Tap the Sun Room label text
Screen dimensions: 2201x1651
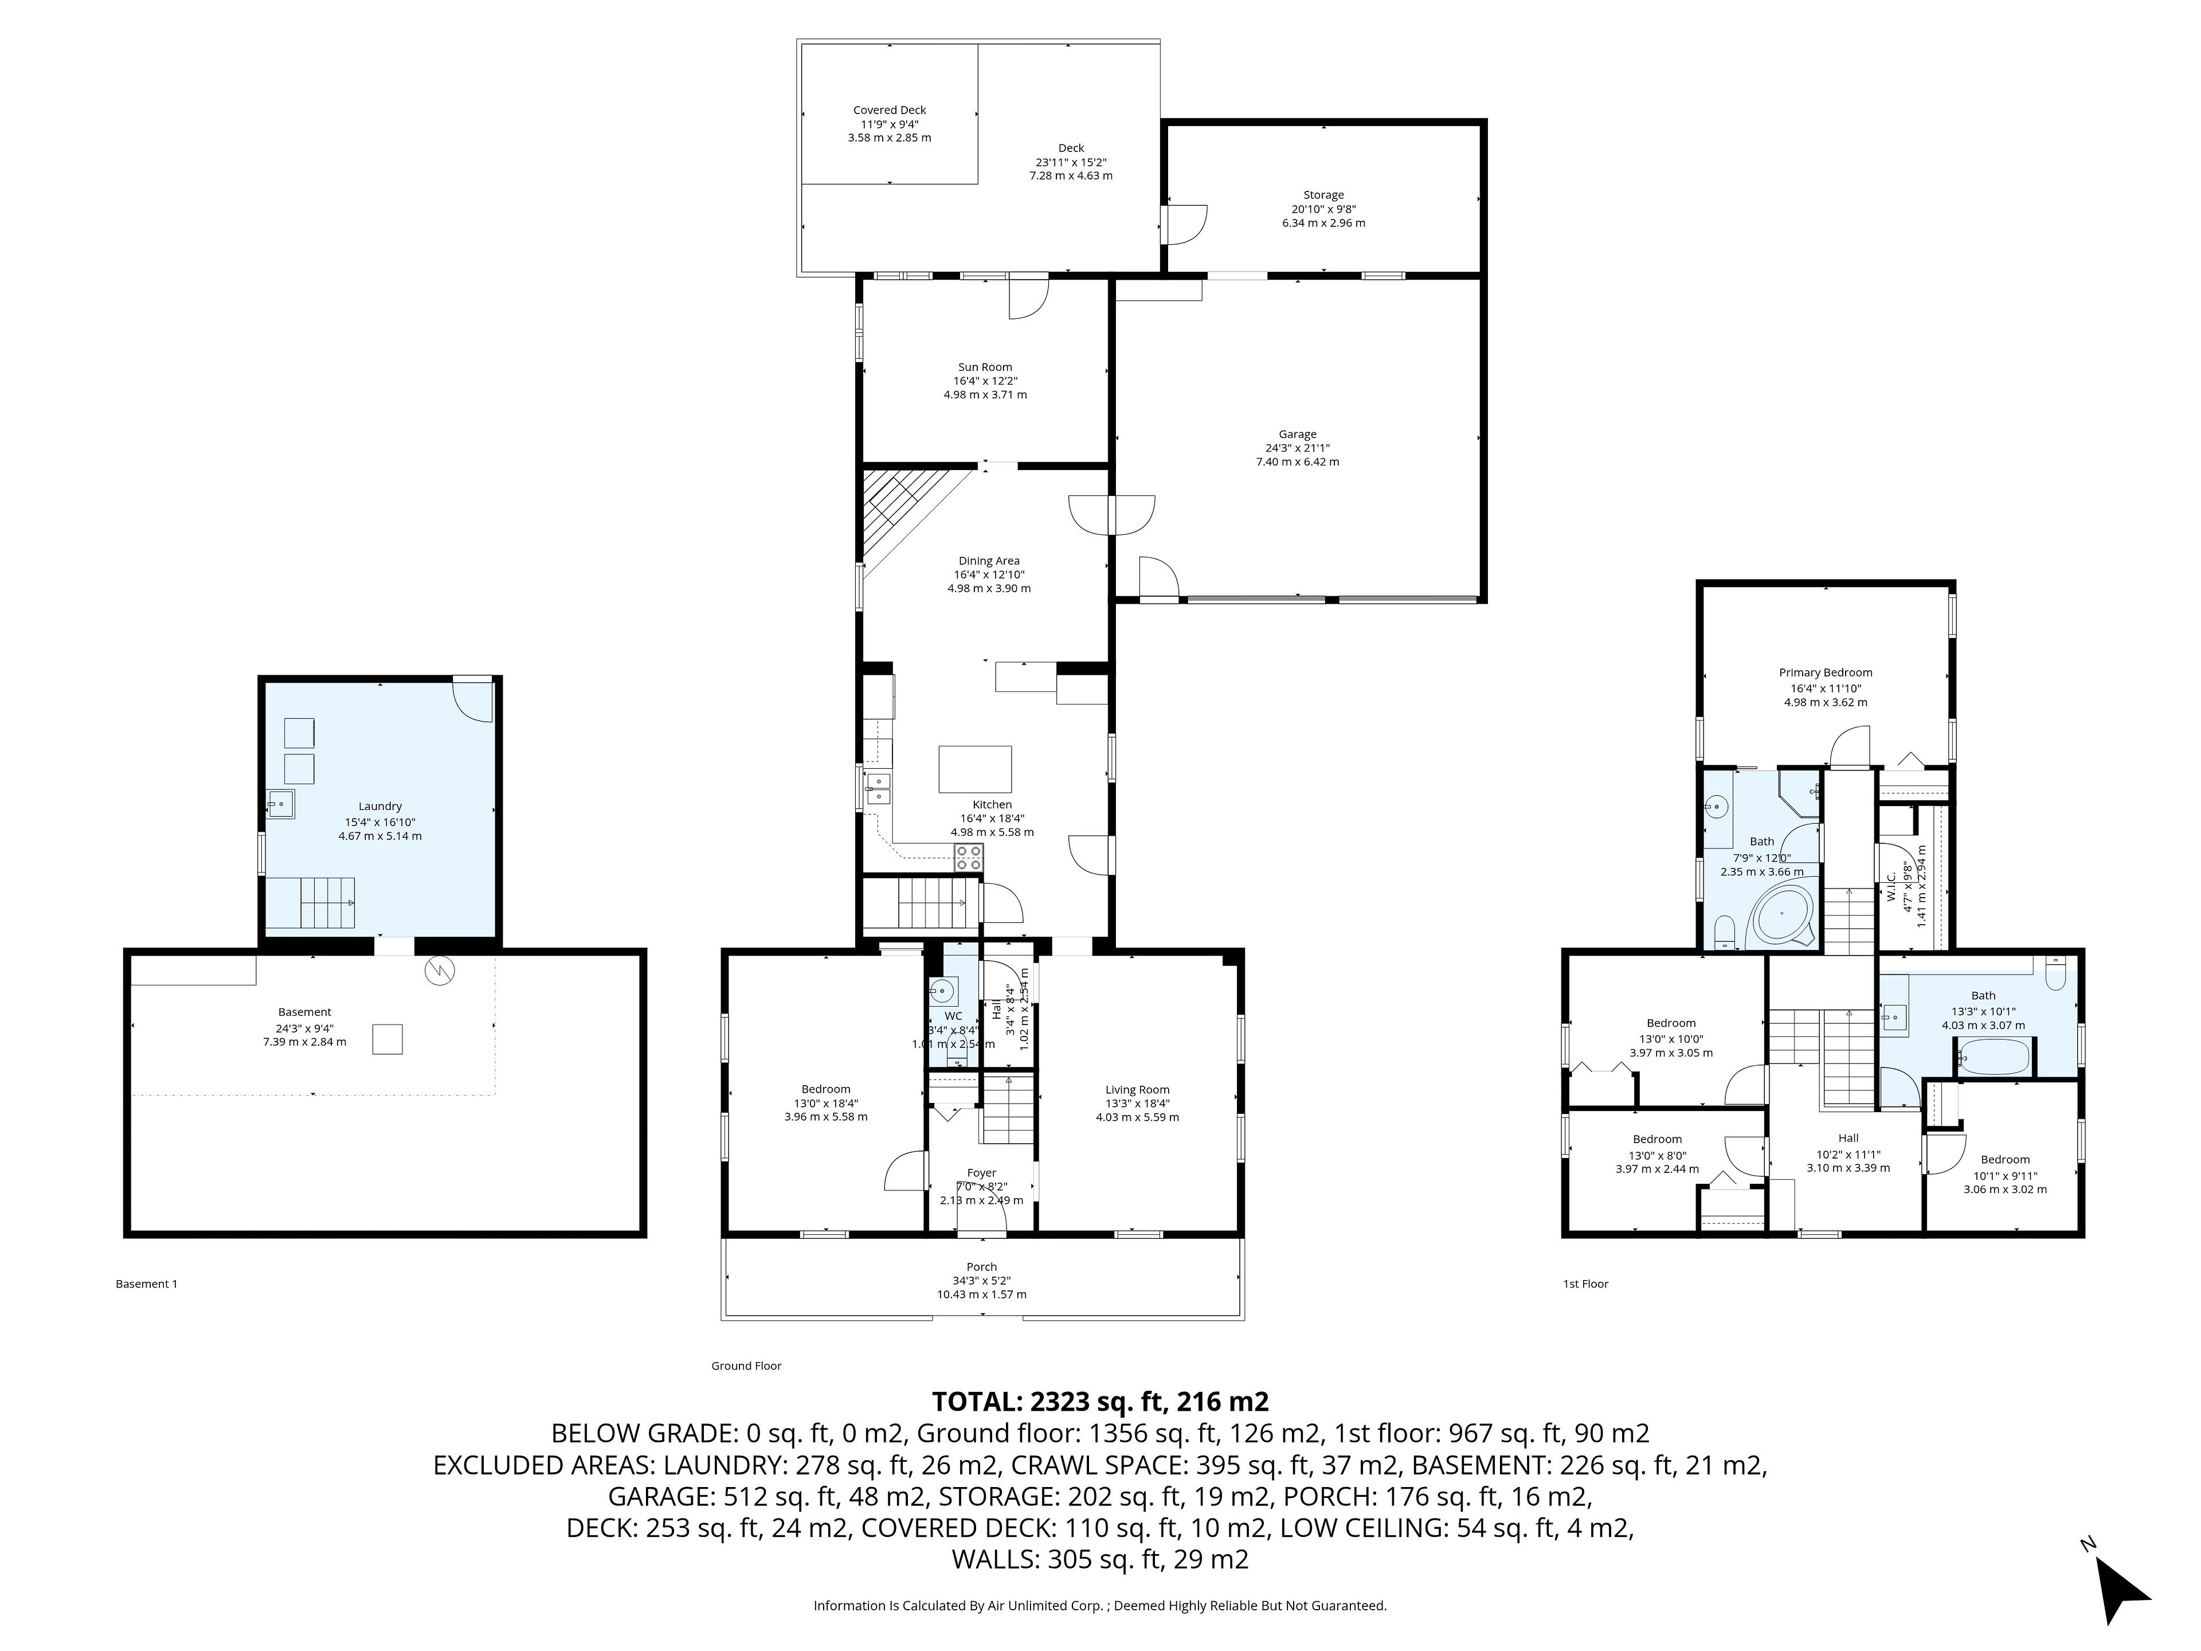pyautogui.click(x=985, y=367)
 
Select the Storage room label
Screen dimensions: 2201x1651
pyautogui.click(x=1323, y=195)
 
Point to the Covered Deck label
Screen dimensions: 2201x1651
pyautogui.click(x=890, y=111)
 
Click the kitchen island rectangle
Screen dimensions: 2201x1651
pyautogui.click(x=975, y=768)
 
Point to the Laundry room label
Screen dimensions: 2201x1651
pyautogui.click(x=380, y=806)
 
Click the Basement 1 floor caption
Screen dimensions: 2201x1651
pyautogui.click(x=146, y=1284)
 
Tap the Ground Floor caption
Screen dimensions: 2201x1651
pyautogui.click(x=746, y=1366)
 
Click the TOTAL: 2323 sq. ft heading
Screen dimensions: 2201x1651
pyautogui.click(x=1099, y=1401)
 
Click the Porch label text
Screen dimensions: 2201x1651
pyautogui.click(x=981, y=1267)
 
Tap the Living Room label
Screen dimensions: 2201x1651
pyautogui.click(x=1137, y=1090)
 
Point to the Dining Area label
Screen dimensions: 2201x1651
pyautogui.click(x=989, y=561)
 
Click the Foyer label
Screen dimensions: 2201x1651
pyautogui.click(x=981, y=1172)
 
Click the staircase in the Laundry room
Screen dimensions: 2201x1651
pyautogui.click(x=311, y=903)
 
